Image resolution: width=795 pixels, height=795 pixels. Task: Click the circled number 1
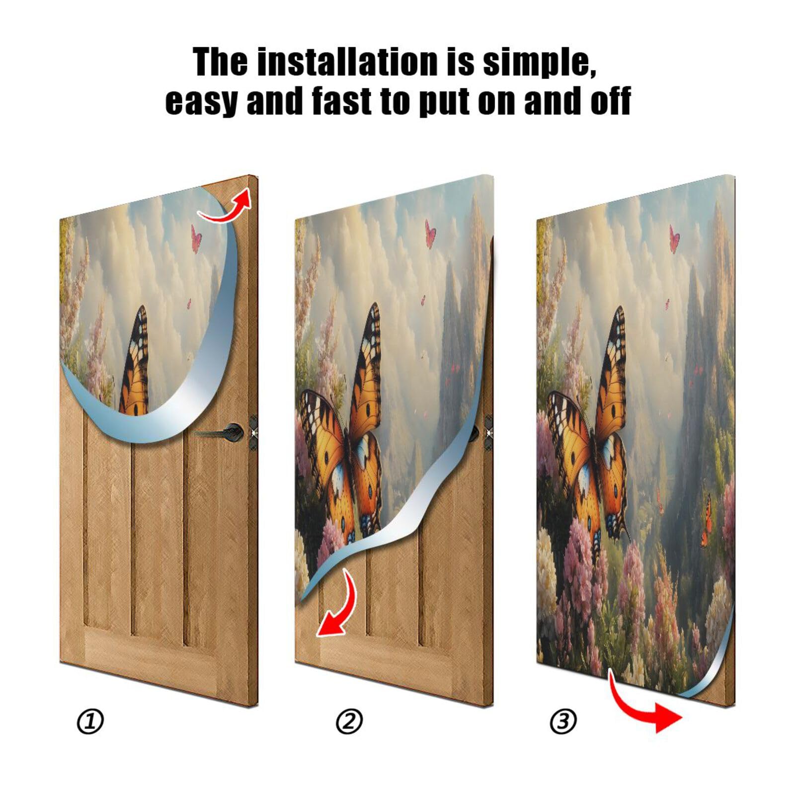pyautogui.click(x=90, y=721)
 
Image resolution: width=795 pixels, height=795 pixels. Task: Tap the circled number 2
pyautogui.click(x=349, y=721)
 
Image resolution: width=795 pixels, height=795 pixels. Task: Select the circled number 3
pyautogui.click(x=563, y=721)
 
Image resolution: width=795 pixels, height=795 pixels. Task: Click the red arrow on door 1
pyautogui.click(x=226, y=206)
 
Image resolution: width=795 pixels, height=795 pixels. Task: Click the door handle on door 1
pyautogui.click(x=230, y=431)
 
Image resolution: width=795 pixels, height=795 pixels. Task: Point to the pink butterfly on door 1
pyautogui.click(x=196, y=238)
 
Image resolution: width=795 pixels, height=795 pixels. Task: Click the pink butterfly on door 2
pyautogui.click(x=430, y=234)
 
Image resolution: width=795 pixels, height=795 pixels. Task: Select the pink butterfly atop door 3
pyautogui.click(x=674, y=238)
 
